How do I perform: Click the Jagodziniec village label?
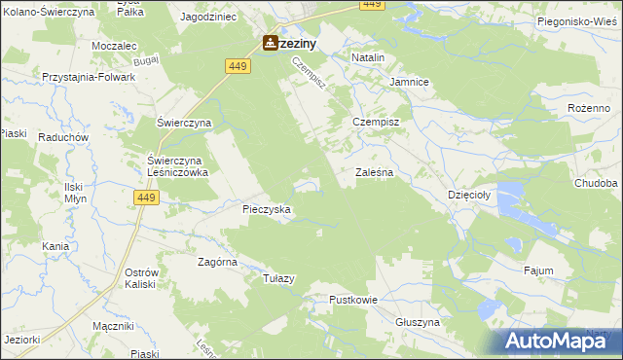click(208, 18)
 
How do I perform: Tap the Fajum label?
click(538, 270)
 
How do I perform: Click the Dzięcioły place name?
click(470, 194)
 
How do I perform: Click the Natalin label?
click(368, 58)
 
